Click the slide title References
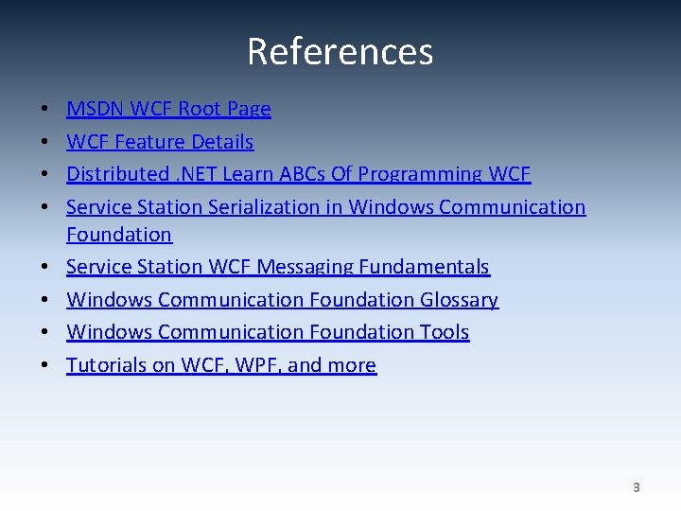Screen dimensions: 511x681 pyautogui.click(x=340, y=51)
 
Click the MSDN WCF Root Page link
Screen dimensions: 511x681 pyautogui.click(x=168, y=109)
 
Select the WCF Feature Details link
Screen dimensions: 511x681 pyautogui.click(x=160, y=142)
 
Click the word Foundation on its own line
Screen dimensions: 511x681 pyautogui.click(x=119, y=234)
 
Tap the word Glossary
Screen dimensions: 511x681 pyautogui.click(x=458, y=300)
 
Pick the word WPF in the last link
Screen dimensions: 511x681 pyautogui.click(x=248, y=365)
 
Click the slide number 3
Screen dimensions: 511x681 pyautogui.click(x=636, y=488)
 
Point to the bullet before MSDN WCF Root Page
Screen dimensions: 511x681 pyautogui.click(x=46, y=110)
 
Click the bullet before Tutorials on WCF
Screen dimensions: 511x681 pyautogui.click(x=46, y=365)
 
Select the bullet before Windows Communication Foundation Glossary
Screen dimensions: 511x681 pyautogui.click(x=46, y=300)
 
